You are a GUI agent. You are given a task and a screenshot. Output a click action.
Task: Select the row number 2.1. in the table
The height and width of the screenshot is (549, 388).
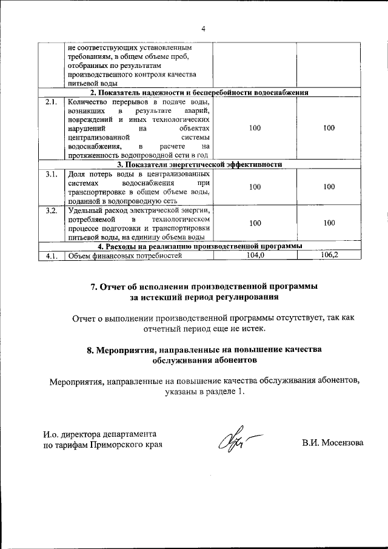[x=52, y=102]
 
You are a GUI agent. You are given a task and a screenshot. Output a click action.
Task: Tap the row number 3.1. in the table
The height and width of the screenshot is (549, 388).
[x=52, y=175]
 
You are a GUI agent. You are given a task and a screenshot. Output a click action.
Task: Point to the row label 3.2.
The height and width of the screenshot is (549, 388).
[x=52, y=211]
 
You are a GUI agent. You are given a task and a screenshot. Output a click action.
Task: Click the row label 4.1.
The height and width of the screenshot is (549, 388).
[x=52, y=256]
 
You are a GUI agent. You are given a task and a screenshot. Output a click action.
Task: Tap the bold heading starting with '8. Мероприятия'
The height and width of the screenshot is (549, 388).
[x=204, y=355]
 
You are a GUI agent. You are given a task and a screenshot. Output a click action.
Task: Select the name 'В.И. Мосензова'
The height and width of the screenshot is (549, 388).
[x=333, y=443]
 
